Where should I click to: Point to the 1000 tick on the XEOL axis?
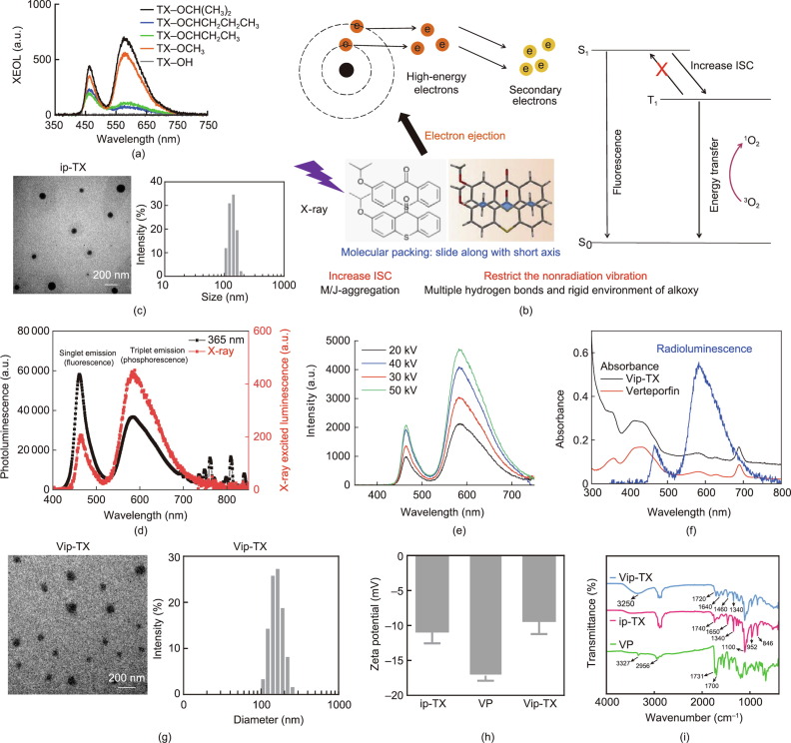pos(42,6)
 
